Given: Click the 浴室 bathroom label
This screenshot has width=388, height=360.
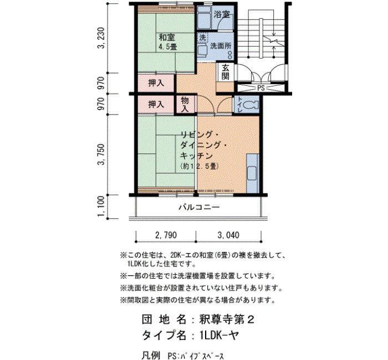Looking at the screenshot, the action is tap(222, 14).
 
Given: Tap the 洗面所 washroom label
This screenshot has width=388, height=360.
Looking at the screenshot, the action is tap(221, 46).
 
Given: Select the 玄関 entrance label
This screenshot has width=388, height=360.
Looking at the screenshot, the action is tap(225, 71).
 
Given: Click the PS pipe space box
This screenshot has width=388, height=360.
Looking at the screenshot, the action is tap(261, 88).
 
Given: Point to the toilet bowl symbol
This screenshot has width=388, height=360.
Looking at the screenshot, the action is tap(251, 105).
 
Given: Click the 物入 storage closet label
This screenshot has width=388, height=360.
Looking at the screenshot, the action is tap(185, 105).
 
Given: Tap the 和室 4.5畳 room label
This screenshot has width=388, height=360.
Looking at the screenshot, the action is tap(167, 42).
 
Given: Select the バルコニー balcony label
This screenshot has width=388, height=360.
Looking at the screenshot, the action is tap(199, 207).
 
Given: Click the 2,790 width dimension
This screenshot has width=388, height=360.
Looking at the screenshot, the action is tap(166, 235).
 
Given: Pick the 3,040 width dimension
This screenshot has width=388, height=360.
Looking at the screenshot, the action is tap(228, 235).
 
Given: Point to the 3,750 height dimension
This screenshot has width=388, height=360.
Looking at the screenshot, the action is tap(101, 155).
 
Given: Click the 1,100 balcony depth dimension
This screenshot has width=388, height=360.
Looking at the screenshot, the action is tap(101, 207).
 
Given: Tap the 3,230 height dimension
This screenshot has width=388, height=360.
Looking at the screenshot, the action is tap(101, 38).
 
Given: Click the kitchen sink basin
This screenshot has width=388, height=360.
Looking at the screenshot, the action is tap(252, 174).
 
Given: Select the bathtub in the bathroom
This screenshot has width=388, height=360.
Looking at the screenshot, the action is tap(204, 17).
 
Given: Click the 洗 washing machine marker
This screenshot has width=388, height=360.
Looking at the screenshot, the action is tap(202, 38).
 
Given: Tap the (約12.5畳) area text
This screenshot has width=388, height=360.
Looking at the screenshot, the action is tap(200, 166).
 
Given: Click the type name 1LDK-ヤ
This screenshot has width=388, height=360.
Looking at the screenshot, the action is tap(219, 336).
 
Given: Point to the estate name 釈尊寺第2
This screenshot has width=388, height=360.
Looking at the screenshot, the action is tap(227, 320).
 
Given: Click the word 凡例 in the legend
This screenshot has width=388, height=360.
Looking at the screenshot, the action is tap(151, 356).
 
